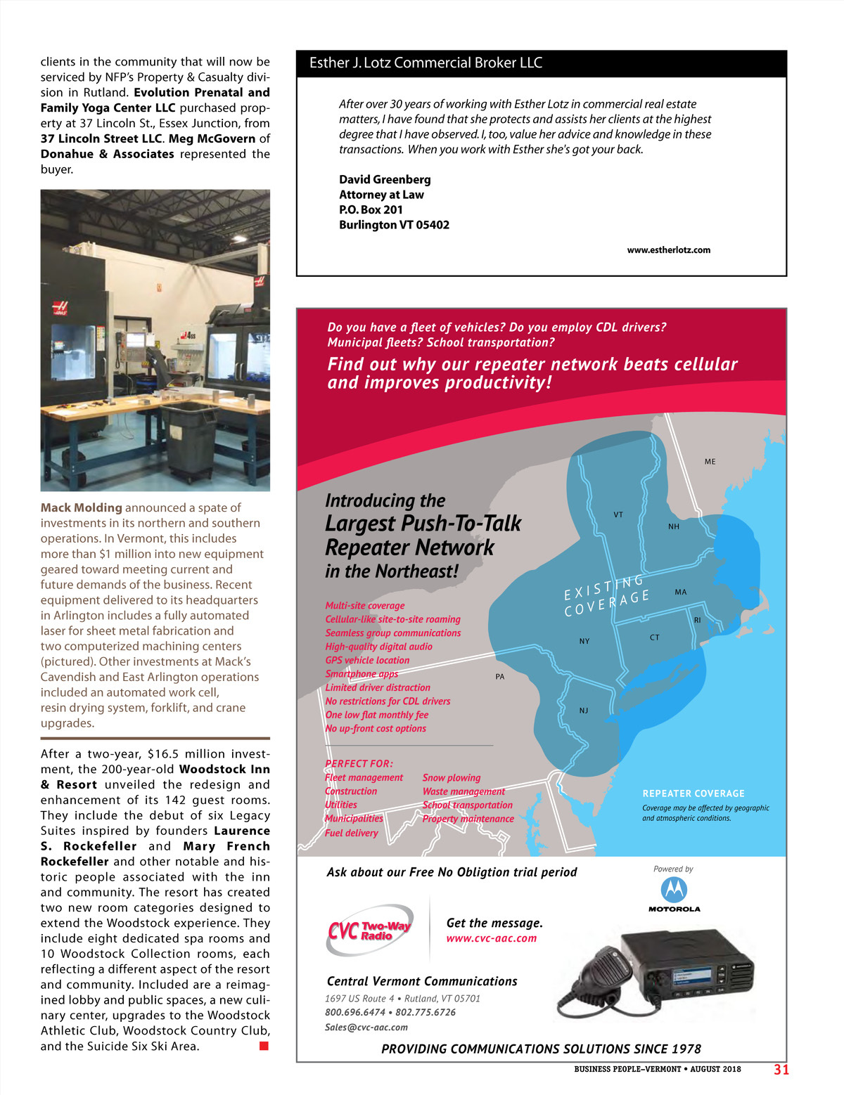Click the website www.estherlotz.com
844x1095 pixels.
(668, 250)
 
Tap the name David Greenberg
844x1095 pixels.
(385, 180)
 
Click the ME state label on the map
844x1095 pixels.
(710, 462)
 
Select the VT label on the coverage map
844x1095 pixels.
(618, 514)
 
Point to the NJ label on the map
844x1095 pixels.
(584, 711)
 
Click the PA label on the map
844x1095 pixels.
(500, 677)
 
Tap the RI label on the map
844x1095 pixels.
(698, 621)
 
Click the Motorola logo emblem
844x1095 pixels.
(674, 890)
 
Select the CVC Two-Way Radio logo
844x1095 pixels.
(370, 931)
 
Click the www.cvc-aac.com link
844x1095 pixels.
(491, 938)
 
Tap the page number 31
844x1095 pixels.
(781, 1070)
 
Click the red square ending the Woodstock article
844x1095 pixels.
(264, 1047)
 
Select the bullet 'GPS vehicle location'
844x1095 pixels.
(367, 661)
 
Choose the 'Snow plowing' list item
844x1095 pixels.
(452, 778)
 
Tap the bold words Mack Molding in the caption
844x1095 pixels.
(82, 507)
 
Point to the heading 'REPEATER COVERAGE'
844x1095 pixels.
(693, 793)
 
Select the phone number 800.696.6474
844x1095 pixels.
(355, 1013)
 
